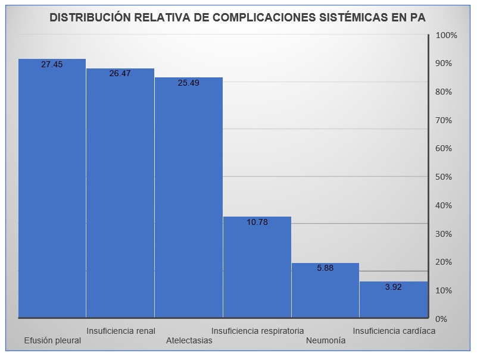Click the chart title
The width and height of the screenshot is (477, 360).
(x=238, y=17)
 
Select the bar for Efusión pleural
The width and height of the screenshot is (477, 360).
(x=52, y=190)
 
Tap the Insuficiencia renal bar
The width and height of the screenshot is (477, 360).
(x=120, y=196)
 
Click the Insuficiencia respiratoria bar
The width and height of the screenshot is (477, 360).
(x=257, y=268)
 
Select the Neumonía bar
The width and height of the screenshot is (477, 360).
(x=325, y=292)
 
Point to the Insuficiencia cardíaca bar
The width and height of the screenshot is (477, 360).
(x=394, y=300)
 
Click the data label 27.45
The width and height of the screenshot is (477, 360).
(x=52, y=64)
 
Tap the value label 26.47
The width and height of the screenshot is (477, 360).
(x=120, y=74)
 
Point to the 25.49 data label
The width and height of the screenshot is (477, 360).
(x=188, y=83)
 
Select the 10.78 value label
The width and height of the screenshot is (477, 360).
(x=257, y=222)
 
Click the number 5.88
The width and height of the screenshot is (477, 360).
(x=325, y=268)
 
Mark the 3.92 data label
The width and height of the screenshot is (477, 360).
(x=394, y=287)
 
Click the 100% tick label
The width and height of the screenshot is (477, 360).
(x=446, y=35)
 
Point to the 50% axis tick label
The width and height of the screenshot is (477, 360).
(x=444, y=177)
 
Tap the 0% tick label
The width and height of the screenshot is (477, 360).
(x=442, y=319)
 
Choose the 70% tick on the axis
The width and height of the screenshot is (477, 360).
(x=444, y=120)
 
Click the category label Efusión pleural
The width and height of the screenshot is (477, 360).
(x=52, y=341)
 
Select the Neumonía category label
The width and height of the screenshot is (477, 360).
(x=325, y=341)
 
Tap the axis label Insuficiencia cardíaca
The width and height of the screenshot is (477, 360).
(x=394, y=331)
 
